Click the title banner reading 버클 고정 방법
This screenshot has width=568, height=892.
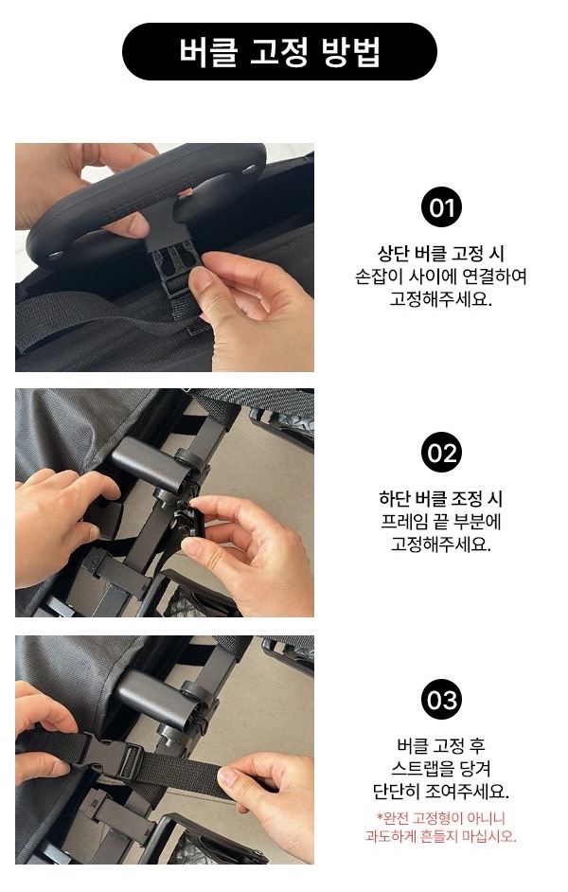(x=279, y=51)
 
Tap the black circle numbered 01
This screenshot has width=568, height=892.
(x=441, y=206)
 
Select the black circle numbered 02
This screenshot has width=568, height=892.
(x=441, y=453)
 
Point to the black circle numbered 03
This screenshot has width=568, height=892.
(x=441, y=699)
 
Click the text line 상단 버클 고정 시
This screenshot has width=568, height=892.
(x=440, y=253)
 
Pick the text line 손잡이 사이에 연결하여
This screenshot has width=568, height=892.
(x=440, y=276)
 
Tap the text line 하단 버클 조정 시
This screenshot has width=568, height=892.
(x=440, y=499)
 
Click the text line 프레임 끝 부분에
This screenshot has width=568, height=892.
(x=440, y=522)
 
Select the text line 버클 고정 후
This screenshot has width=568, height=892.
(x=440, y=745)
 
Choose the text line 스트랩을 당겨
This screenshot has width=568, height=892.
(x=440, y=768)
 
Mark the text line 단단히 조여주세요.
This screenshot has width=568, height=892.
(x=440, y=791)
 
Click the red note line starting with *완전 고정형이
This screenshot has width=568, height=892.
(x=440, y=818)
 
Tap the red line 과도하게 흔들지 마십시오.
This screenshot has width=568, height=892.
(x=440, y=836)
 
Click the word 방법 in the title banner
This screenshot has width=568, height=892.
(x=351, y=52)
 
